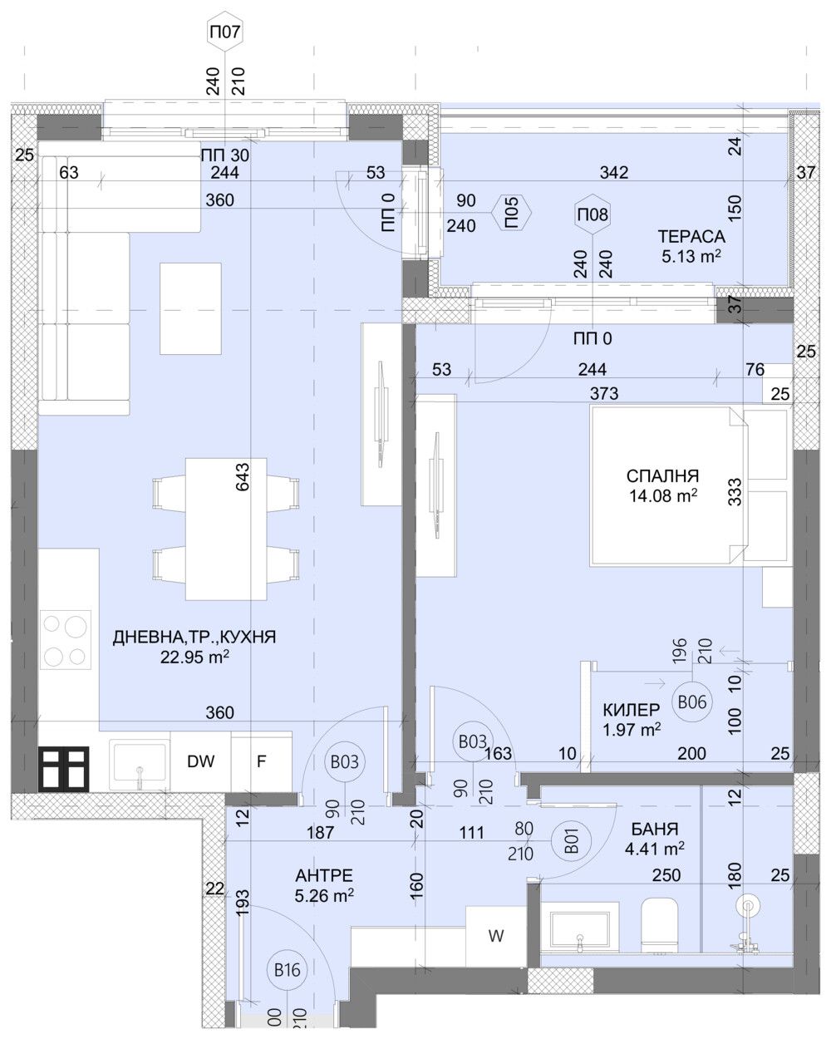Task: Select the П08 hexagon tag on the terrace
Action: (593, 214)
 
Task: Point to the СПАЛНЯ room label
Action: (662, 476)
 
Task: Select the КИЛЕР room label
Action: (632, 710)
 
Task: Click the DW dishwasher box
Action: (200, 761)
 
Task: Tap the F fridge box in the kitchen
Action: (261, 761)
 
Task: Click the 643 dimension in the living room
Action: (243, 478)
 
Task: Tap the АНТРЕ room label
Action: (324, 875)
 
